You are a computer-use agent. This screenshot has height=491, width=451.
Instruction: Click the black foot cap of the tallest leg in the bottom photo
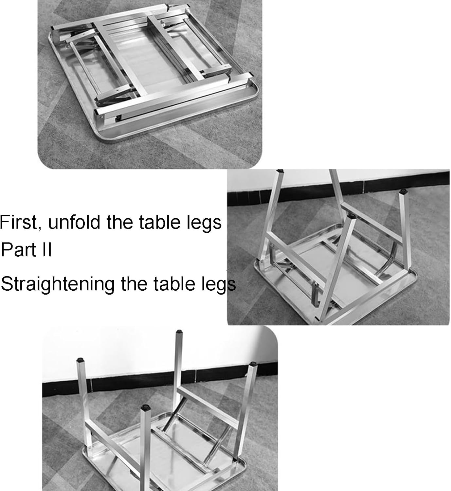178,332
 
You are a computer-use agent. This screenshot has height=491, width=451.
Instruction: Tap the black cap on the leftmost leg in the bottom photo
80,359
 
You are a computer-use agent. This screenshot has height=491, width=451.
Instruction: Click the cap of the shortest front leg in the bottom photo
144,408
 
